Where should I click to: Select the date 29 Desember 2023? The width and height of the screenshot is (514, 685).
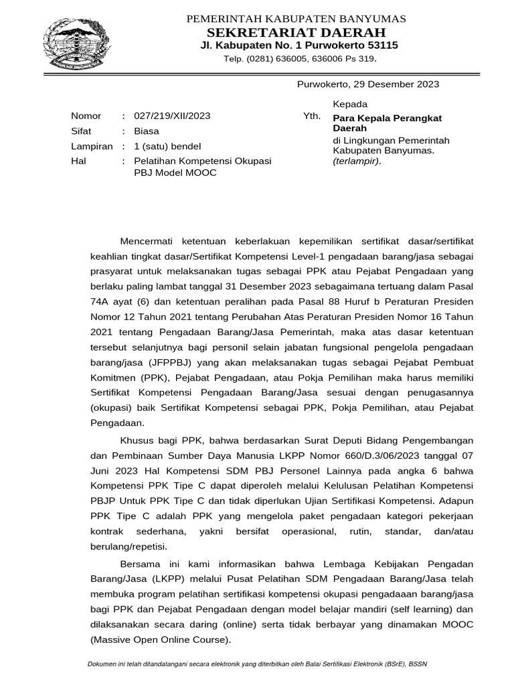(398, 84)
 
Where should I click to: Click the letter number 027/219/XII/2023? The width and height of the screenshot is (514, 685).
(172, 116)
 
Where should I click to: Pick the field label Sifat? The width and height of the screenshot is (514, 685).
(81, 131)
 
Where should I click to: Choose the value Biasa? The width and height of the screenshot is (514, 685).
(147, 131)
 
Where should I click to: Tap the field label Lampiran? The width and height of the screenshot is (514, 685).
(92, 146)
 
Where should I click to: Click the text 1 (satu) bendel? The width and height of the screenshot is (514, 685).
(167, 146)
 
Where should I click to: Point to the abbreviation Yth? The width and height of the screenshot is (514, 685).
(312, 116)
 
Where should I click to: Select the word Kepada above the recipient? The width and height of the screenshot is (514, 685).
(350, 104)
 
